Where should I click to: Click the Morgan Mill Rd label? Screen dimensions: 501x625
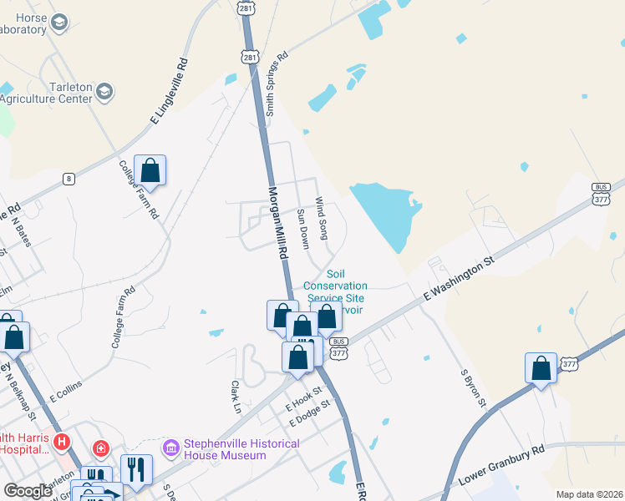[277, 220]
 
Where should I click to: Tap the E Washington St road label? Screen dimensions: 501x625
[460, 280]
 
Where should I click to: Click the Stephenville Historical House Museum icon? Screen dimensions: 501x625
[172, 449]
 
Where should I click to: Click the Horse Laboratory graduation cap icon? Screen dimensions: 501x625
[58, 23]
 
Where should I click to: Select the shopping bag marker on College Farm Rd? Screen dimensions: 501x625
[150, 170]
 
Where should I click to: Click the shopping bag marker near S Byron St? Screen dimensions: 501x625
[541, 368]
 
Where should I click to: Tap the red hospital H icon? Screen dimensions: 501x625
[60, 440]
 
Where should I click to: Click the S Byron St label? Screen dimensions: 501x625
[474, 388]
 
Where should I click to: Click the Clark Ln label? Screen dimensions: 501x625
[236, 397]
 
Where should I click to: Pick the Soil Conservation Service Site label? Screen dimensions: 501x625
[335, 286]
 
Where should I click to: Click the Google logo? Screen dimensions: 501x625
[28, 491]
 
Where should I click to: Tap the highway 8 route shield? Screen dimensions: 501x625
[69, 178]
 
